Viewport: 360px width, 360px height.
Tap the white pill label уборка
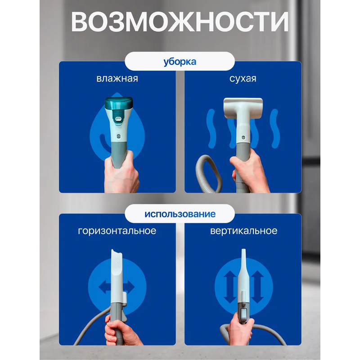(x=180, y=61)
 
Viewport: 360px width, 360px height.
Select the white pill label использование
(x=180, y=213)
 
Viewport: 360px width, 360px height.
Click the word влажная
(x=117, y=79)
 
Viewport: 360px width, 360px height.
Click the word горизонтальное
(x=117, y=231)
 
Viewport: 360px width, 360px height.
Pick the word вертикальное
(x=243, y=231)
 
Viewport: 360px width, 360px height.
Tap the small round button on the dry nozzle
(x=243, y=134)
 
